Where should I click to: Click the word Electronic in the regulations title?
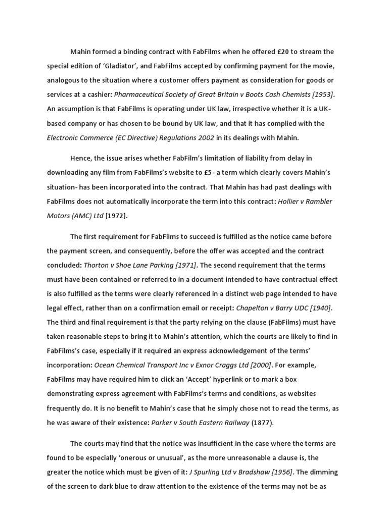[64, 137]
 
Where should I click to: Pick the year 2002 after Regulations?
[204, 137]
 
